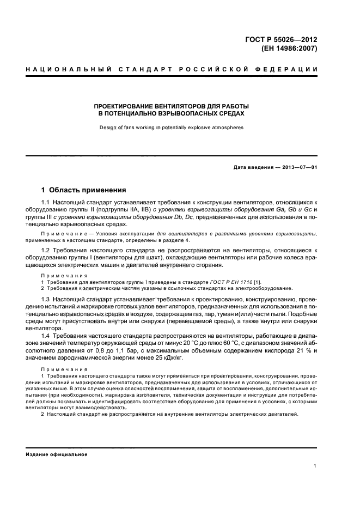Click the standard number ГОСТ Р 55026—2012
[x=282, y=39]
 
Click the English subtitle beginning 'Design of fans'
[x=171, y=128]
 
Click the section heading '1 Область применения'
[x=84, y=190]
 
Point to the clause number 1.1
[x=46, y=203]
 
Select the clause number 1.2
[x=46, y=250]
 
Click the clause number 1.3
[x=46, y=300]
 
